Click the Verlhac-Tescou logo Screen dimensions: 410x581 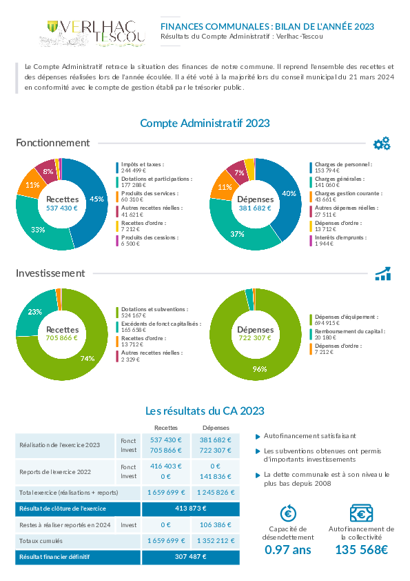point(92,33)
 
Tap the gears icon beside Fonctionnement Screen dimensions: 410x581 point(382,144)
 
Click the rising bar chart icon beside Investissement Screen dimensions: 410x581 point(383,273)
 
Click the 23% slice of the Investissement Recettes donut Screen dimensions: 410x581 point(35,312)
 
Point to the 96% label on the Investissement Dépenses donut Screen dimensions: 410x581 point(259,369)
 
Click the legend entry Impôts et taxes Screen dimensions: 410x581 point(143,168)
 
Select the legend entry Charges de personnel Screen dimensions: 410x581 point(343,168)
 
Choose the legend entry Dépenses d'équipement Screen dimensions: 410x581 point(347,320)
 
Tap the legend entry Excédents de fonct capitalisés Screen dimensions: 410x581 point(161,327)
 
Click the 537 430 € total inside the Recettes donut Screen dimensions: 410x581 point(62,208)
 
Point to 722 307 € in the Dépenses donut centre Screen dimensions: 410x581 point(255,338)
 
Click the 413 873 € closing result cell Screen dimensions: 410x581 point(191,509)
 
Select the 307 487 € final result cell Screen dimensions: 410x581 point(191,557)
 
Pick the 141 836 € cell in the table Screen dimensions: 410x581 point(216,477)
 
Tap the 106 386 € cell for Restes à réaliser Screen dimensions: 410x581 point(216,524)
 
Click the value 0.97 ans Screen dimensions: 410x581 point(288,549)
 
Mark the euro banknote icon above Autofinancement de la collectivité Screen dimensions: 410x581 point(361,513)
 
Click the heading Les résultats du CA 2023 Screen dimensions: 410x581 point(205,411)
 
